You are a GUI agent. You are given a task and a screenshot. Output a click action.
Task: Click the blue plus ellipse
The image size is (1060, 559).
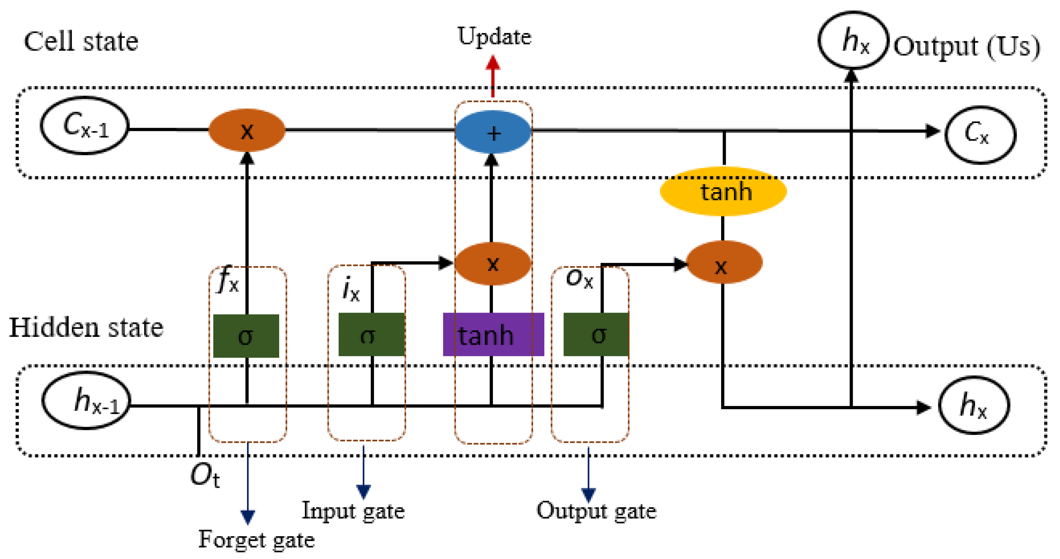[x=493, y=132]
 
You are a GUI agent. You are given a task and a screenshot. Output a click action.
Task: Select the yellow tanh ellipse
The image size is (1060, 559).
[x=723, y=191]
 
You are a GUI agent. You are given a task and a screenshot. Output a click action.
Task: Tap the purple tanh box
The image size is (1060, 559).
[x=493, y=334]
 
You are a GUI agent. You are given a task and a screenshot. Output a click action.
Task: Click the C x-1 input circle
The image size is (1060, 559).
[x=85, y=126]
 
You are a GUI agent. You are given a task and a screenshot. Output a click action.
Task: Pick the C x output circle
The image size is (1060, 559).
[x=980, y=135]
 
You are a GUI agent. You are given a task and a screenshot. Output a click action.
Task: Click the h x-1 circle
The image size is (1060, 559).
[x=86, y=401]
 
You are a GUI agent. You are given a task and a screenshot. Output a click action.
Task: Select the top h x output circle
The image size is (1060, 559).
[x=853, y=40]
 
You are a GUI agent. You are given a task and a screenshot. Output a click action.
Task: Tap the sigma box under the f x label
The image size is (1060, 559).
[x=246, y=336]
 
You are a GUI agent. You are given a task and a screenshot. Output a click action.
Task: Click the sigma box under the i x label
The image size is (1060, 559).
[x=371, y=334]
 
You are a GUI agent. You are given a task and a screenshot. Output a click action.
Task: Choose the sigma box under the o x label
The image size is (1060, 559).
[x=596, y=334]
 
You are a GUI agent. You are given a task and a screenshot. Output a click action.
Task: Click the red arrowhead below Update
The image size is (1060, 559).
[x=493, y=63]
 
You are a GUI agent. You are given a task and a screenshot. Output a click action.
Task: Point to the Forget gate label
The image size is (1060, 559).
[x=256, y=539]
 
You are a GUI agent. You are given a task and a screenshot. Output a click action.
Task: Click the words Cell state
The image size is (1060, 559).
[x=81, y=41]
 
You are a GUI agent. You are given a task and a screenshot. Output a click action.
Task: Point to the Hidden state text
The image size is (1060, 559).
[x=86, y=328]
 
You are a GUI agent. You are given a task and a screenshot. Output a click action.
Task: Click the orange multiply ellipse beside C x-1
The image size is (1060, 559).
[x=247, y=130]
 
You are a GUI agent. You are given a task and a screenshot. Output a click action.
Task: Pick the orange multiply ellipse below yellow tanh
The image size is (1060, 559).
[x=725, y=263]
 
